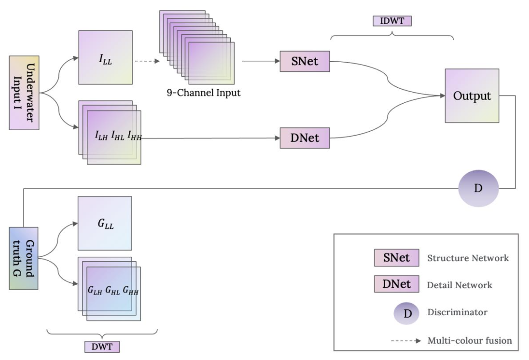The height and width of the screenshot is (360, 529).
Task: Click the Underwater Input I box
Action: tap(24, 93)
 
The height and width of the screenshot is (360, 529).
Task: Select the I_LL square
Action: tap(105, 58)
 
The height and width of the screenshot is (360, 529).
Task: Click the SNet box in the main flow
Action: tap(305, 61)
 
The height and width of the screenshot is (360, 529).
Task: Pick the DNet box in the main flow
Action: tap(305, 138)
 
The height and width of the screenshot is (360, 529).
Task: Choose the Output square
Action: tap(471, 96)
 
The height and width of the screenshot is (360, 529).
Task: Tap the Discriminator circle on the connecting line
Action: tap(478, 188)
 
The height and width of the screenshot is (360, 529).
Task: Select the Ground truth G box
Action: tap(23, 258)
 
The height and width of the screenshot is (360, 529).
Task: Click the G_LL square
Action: tap(105, 223)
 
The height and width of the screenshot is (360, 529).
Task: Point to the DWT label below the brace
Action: tap(102, 347)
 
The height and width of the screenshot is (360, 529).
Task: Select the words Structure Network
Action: tap(468, 259)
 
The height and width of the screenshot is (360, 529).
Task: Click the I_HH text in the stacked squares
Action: tap(135, 136)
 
